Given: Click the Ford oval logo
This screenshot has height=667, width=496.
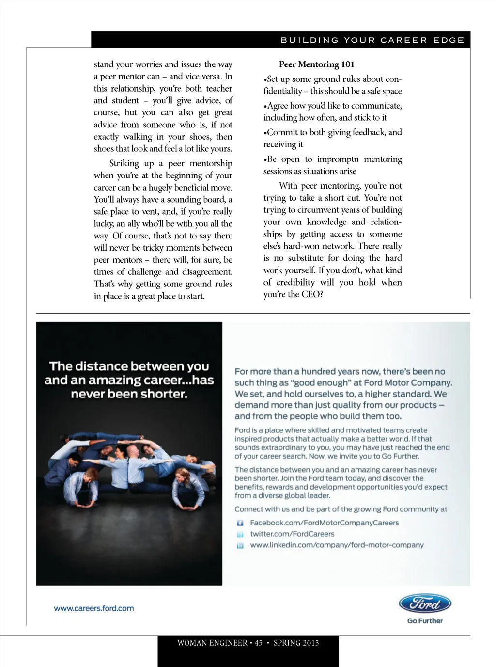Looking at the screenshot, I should click(x=425, y=603).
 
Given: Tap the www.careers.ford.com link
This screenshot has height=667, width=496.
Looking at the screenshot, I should click(x=94, y=608).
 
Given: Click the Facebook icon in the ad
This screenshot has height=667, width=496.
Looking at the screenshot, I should click(x=240, y=523).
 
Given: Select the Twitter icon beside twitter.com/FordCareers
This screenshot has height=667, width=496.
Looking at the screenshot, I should click(x=240, y=534).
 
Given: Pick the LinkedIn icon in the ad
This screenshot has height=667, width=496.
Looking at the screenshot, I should click(x=240, y=546).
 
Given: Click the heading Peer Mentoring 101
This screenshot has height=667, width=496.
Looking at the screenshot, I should click(x=316, y=64).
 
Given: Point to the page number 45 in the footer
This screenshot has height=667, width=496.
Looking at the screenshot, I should click(x=259, y=643).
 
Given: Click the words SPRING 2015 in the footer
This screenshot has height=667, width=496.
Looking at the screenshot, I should click(x=296, y=643).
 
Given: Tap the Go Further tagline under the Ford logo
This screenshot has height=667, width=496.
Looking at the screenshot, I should click(x=425, y=621).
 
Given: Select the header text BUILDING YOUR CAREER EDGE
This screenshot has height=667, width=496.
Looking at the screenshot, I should click(x=372, y=40).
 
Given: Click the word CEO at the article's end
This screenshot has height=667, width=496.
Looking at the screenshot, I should click(x=310, y=294).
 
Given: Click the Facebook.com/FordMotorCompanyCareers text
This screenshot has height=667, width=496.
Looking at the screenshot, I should click(x=324, y=523).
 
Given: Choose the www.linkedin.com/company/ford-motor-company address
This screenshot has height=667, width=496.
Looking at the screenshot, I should click(x=337, y=545).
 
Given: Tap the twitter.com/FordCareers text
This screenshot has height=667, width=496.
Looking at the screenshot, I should click(x=292, y=534).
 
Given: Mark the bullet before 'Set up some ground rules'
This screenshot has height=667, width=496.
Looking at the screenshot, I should click(x=265, y=79).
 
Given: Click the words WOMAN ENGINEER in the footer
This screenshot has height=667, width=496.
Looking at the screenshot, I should click(x=212, y=643).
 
